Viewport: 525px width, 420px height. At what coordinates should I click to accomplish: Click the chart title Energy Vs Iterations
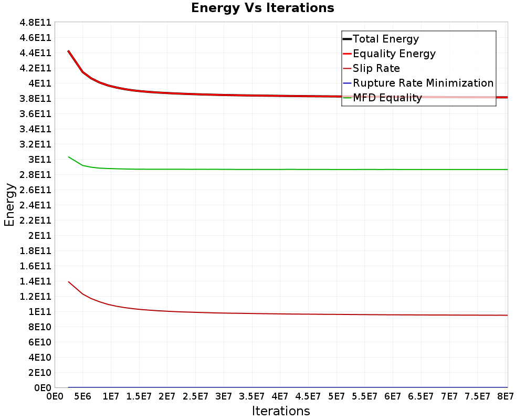point(262,8)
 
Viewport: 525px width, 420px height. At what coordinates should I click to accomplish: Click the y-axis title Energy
point(9,205)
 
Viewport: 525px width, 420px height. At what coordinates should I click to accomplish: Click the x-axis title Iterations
point(281,411)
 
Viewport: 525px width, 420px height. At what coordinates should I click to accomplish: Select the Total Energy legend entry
point(381,39)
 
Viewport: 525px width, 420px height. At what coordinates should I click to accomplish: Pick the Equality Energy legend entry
point(389,54)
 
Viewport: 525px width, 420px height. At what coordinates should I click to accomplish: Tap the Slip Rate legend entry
point(371,68)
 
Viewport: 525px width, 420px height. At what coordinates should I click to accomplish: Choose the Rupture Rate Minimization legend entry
point(418,83)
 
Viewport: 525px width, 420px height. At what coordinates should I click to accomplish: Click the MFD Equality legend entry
point(382,98)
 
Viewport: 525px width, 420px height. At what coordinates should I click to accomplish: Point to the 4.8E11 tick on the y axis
point(36,23)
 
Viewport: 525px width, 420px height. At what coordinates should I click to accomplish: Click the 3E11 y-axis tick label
point(40,160)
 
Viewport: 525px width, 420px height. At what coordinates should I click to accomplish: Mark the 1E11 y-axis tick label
point(40,312)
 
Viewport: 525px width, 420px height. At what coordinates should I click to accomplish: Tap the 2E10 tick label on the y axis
point(40,373)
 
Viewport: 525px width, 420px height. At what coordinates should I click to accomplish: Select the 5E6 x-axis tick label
point(83,396)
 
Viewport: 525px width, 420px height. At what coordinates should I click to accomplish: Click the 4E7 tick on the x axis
point(280,396)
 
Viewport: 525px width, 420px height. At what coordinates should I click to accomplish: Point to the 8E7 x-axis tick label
point(506,396)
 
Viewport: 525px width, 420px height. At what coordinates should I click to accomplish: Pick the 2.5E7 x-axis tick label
point(195,396)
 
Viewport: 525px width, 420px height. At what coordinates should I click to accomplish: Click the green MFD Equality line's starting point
point(68,157)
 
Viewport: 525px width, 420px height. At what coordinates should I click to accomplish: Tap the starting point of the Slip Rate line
point(68,282)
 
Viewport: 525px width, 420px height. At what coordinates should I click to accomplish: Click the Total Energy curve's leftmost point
point(68,50)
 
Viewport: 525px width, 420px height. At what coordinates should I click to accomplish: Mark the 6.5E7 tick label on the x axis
point(421,396)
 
